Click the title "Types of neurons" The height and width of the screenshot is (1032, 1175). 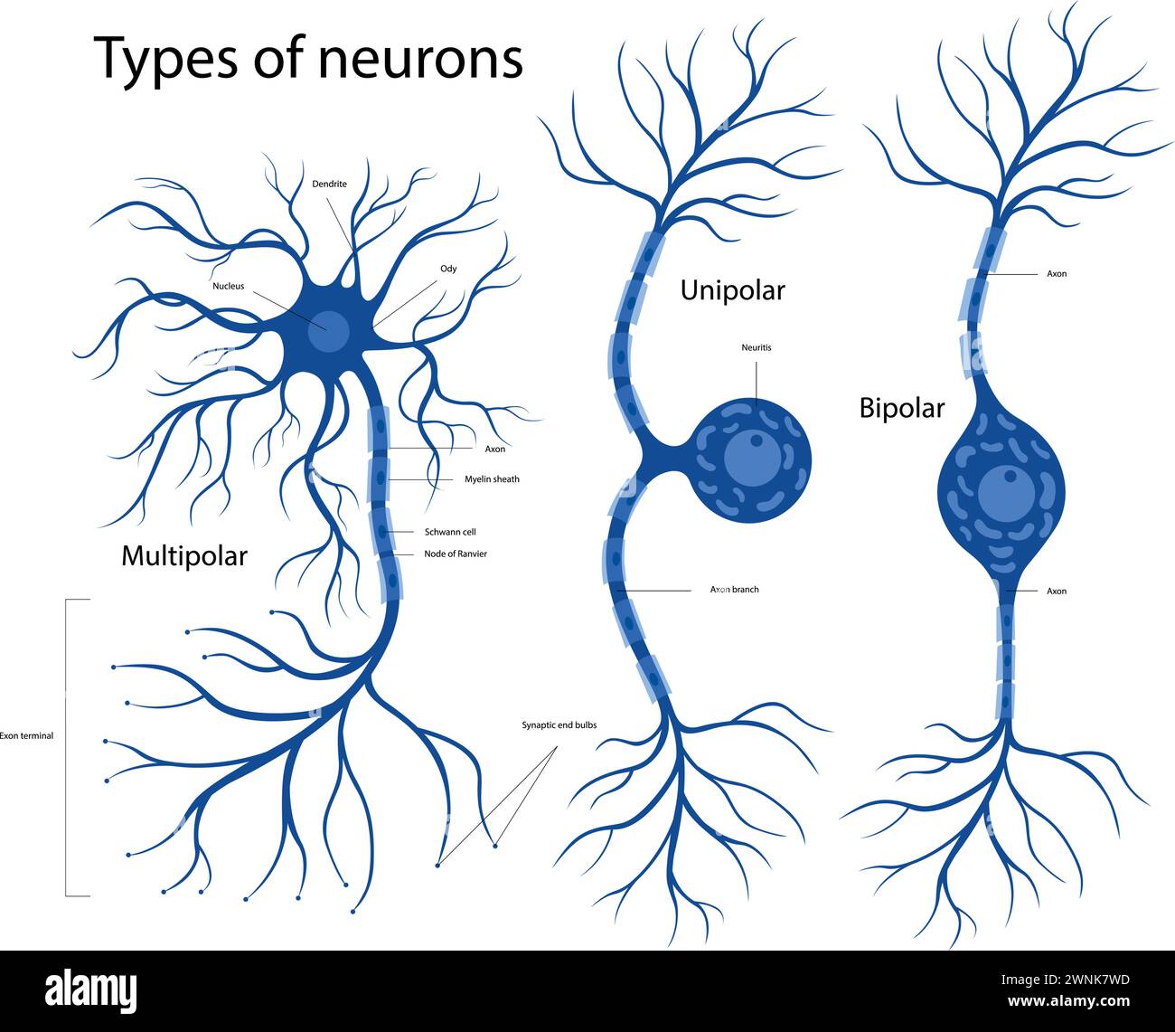click(x=308, y=58)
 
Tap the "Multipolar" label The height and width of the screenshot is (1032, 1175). click(x=183, y=555)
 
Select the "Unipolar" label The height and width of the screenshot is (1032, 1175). click(x=732, y=290)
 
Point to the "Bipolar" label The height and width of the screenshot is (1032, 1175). click(x=901, y=408)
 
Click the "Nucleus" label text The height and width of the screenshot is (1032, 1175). click(x=228, y=287)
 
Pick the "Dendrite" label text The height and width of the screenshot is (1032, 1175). click(x=329, y=184)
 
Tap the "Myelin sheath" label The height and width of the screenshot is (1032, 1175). click(x=492, y=479)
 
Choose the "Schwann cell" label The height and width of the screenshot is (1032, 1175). click(x=450, y=533)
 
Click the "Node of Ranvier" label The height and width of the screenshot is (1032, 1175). click(x=456, y=554)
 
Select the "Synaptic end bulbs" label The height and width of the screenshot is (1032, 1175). click(x=559, y=725)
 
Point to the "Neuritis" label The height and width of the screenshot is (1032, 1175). click(x=756, y=347)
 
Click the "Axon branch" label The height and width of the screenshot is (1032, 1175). click(x=734, y=590)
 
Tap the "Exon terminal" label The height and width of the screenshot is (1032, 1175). click(x=26, y=736)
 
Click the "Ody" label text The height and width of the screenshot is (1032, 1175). click(x=448, y=269)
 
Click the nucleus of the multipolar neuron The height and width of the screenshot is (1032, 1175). click(x=327, y=332)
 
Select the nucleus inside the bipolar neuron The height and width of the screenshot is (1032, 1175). click(x=1002, y=494)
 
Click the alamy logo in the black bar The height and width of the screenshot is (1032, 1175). click(x=91, y=987)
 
